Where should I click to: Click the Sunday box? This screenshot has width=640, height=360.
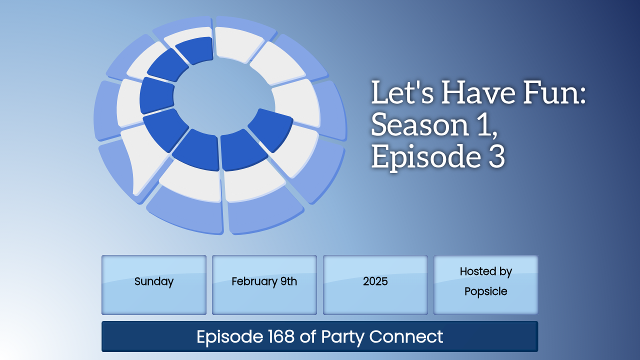[x=153, y=285]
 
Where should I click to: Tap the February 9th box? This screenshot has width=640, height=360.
[x=264, y=285]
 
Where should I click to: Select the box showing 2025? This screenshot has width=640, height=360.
[x=375, y=285]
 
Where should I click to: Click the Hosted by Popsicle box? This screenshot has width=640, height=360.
[x=485, y=285]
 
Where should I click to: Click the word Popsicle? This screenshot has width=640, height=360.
[x=485, y=292]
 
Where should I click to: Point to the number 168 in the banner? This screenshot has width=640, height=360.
[x=281, y=336]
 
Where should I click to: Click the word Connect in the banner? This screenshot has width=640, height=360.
[x=406, y=336]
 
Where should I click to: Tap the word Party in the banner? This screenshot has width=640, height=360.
[x=342, y=337]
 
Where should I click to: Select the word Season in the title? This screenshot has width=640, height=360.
[x=420, y=124]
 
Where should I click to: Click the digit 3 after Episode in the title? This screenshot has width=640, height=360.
[x=497, y=156]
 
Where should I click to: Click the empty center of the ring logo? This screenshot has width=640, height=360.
[x=223, y=97]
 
